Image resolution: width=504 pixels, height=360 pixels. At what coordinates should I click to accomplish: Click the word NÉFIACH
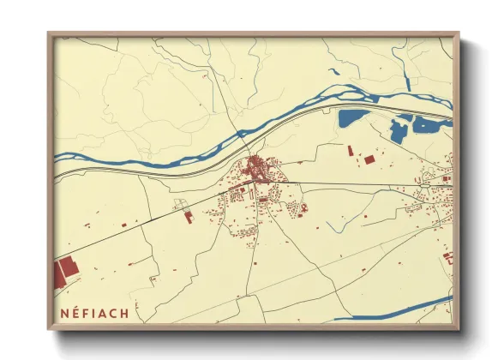[x=95, y=313]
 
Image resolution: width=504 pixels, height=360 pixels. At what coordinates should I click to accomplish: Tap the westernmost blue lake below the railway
[x=352, y=118]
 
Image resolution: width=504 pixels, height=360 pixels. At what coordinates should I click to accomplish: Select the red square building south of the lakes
[x=369, y=159]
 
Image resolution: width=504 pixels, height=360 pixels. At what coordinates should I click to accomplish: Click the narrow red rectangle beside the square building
[x=350, y=151]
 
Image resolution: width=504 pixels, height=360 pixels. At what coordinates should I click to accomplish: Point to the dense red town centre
[x=255, y=165]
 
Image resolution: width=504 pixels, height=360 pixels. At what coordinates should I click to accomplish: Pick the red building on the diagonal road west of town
[x=189, y=217]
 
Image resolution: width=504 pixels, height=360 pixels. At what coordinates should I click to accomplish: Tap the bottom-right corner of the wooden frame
[x=458, y=327]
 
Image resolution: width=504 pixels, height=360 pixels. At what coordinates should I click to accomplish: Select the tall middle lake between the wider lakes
[x=397, y=130]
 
